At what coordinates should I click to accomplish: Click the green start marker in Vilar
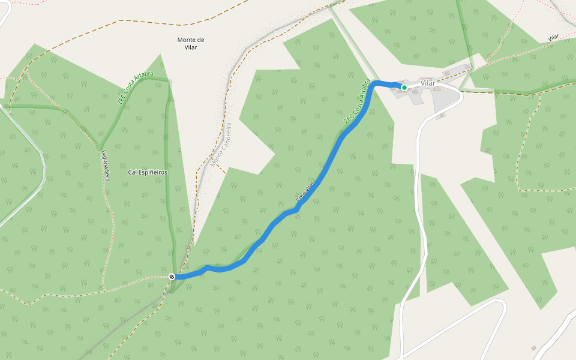pyautogui.click(x=404, y=88)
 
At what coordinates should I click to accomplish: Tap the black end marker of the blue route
pyautogui.click(x=172, y=277)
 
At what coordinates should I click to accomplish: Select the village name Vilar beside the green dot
pyautogui.click(x=428, y=83)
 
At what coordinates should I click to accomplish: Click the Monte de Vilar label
pyautogui.click(x=191, y=43)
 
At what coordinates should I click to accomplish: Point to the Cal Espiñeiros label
pyautogui.click(x=148, y=172)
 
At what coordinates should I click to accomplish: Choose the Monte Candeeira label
pyautogui.click(x=221, y=145)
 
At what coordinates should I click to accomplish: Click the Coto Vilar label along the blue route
pyautogui.click(x=305, y=191)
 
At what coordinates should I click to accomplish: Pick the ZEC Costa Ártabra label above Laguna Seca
pyautogui.click(x=135, y=88)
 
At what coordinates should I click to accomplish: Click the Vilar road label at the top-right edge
pyautogui.click(x=553, y=38)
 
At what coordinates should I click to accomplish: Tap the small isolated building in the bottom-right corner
pyautogui.click(x=533, y=348)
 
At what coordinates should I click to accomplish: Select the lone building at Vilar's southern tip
pyautogui.click(x=440, y=116)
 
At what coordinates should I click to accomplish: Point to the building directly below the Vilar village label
pyautogui.click(x=437, y=89)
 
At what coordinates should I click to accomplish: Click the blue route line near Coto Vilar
pyautogui.click(x=318, y=180)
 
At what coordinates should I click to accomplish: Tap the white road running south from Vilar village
pyautogui.click(x=416, y=180)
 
